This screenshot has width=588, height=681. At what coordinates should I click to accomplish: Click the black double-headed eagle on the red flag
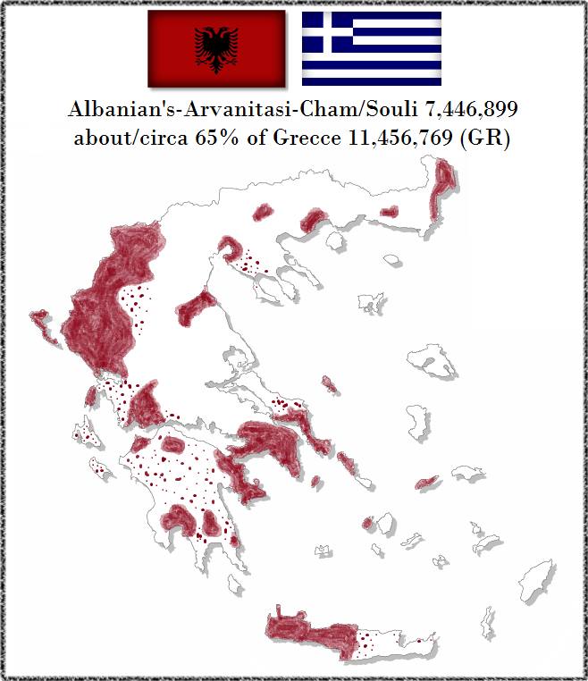[215, 49]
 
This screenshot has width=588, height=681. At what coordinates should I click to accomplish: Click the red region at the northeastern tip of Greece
[442, 188]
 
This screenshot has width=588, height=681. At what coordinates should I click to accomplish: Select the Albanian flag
[215, 49]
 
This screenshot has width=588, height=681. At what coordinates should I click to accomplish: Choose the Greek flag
[371, 49]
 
